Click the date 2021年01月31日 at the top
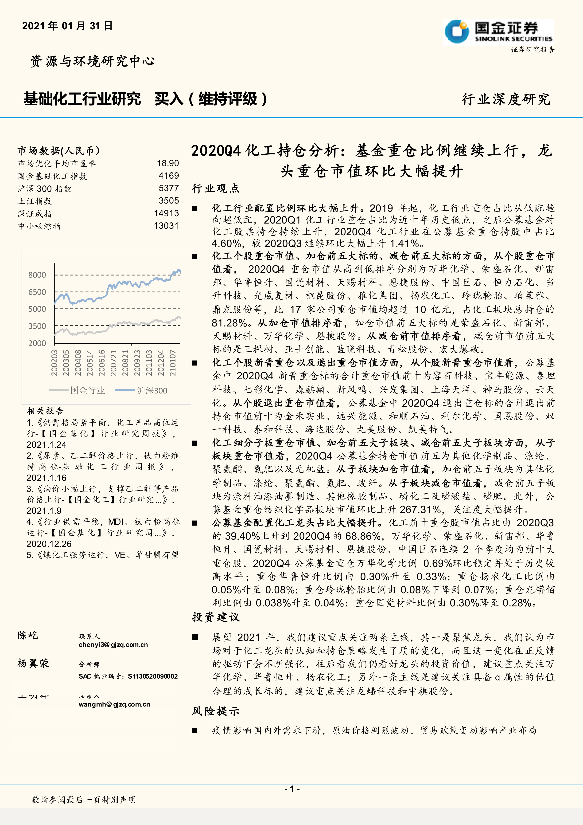coord(67,26)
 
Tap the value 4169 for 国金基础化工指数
coord(169,176)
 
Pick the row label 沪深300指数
coord(45,189)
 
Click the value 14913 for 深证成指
coord(166,213)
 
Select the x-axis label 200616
coord(102,363)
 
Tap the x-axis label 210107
coord(173,363)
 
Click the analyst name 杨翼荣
coord(33,663)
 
